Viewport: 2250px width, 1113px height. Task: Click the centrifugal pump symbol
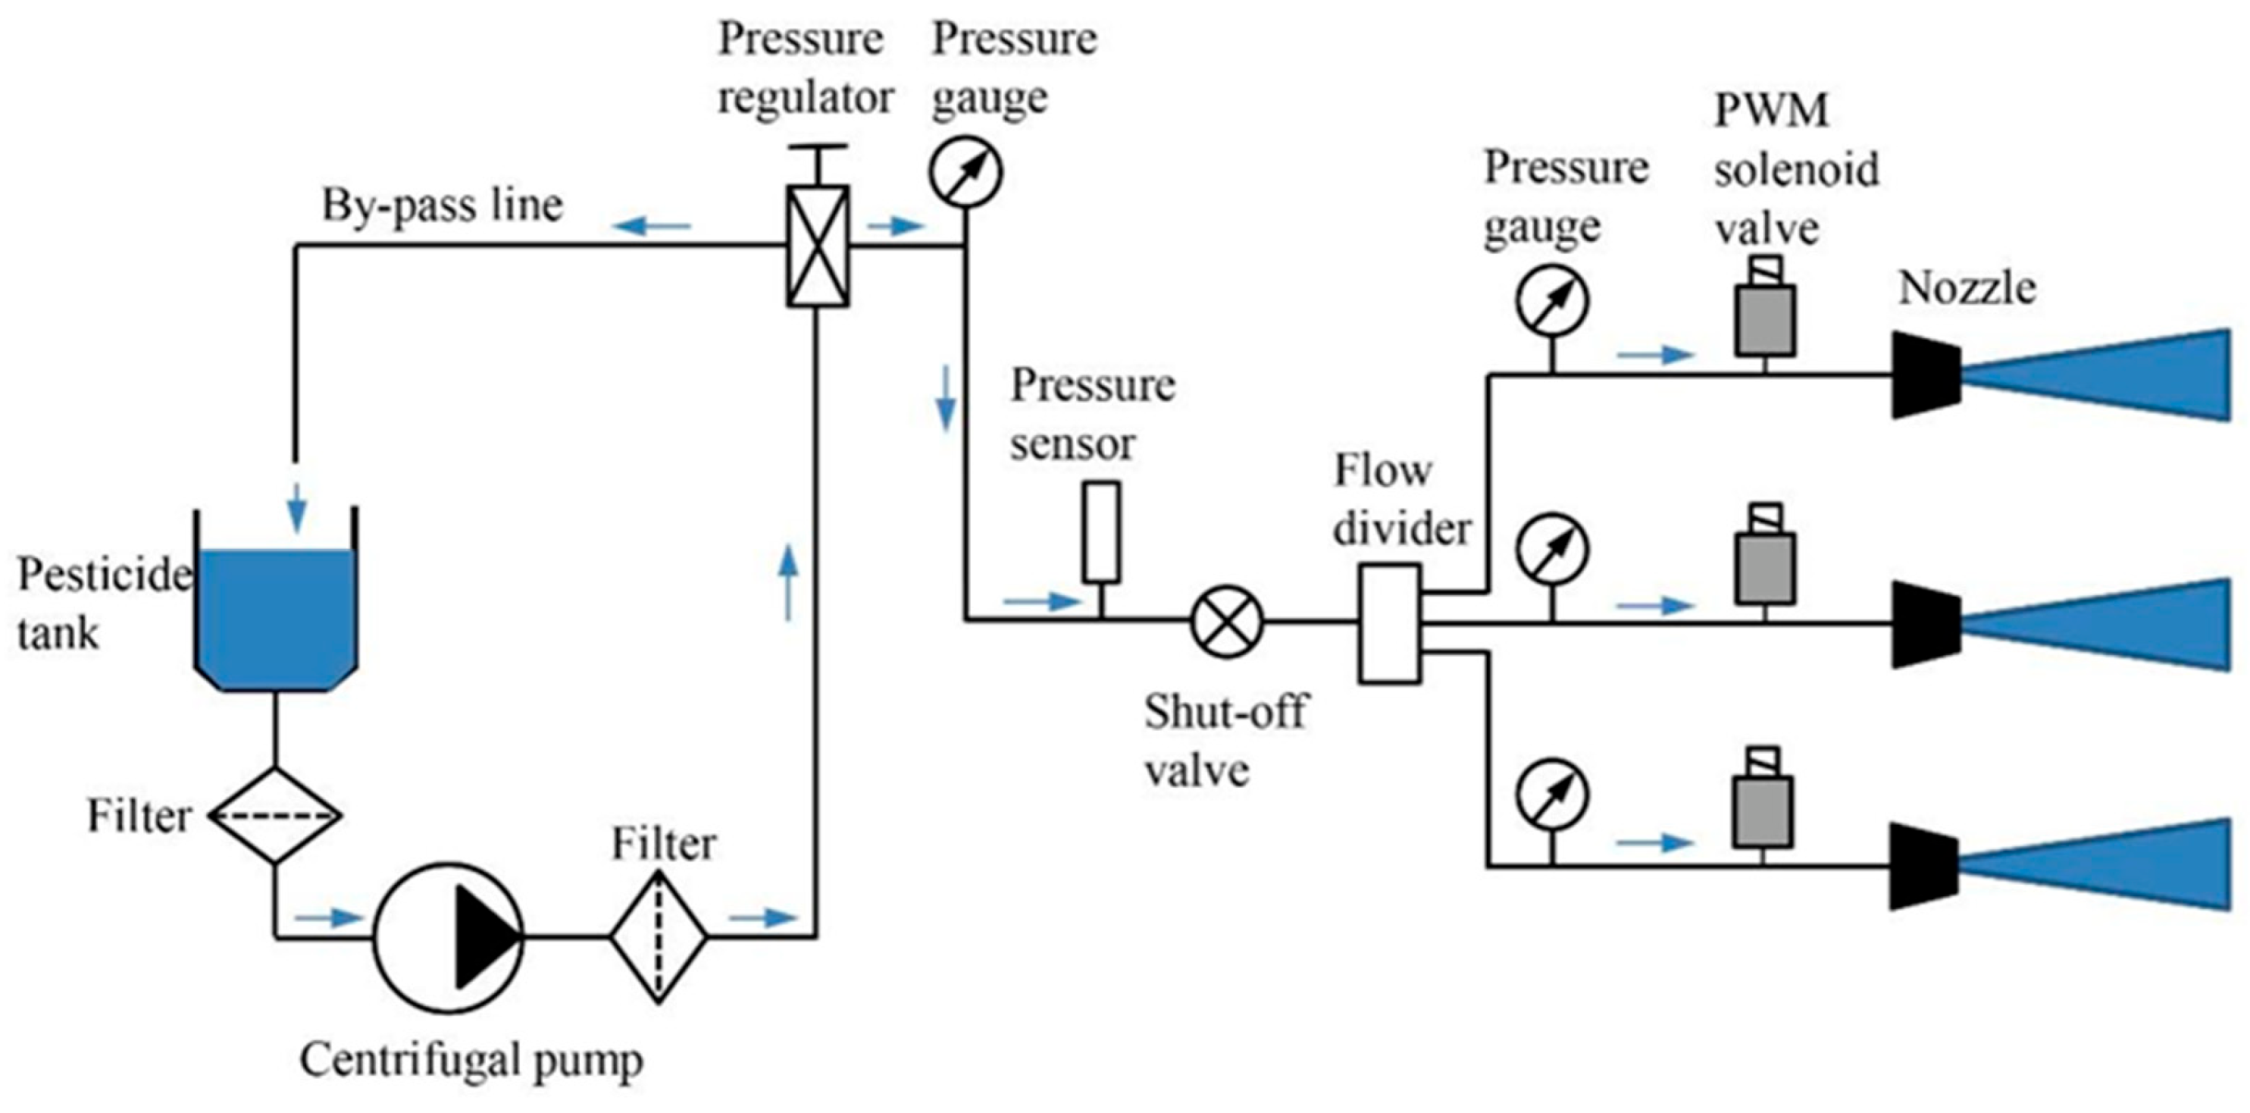point(449,937)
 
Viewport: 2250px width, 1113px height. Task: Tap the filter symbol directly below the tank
point(275,816)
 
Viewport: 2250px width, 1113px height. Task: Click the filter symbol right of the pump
point(659,937)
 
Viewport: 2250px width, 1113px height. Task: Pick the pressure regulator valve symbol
point(818,245)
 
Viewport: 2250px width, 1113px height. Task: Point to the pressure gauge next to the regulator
point(965,173)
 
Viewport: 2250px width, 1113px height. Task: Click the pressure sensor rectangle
point(1101,532)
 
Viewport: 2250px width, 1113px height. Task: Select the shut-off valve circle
point(1227,621)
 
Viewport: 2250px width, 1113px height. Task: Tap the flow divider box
point(1389,623)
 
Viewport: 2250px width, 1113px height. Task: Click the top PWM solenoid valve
point(1764,308)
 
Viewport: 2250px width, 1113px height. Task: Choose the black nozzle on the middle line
point(1926,624)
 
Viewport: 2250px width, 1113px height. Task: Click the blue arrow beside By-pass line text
point(652,226)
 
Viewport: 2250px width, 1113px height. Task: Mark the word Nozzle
point(1968,287)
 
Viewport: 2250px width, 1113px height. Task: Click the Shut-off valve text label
point(1226,741)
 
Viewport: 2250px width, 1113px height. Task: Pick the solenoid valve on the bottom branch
point(1763,798)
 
